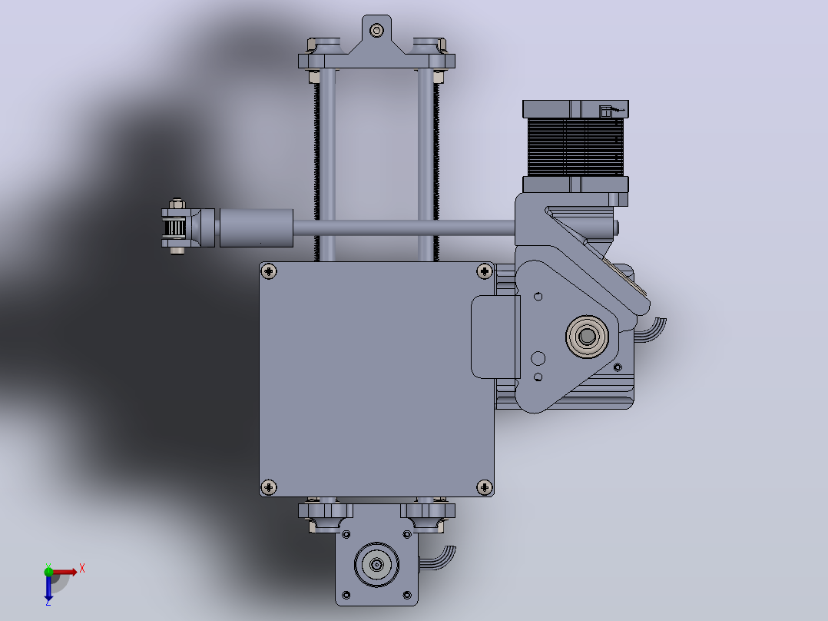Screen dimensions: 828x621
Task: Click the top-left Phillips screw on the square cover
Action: [x=269, y=271]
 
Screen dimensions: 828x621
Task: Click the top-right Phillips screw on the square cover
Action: [x=484, y=271]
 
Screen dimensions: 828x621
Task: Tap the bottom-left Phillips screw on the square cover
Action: [x=269, y=487]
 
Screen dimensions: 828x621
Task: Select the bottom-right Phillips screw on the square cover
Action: [x=484, y=487]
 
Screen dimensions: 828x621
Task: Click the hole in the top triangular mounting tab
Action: [x=376, y=31]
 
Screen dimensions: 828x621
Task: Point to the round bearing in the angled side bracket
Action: [x=587, y=336]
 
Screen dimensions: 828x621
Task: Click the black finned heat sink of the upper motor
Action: [x=575, y=146]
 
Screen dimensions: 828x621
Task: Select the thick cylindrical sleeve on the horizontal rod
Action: [x=256, y=227]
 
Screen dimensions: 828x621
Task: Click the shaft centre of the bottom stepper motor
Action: [x=376, y=565]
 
